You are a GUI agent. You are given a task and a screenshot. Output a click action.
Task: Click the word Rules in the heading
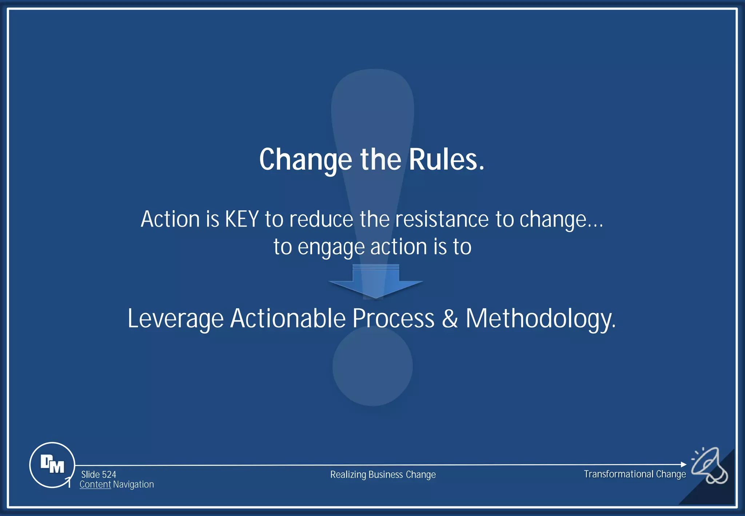(x=446, y=160)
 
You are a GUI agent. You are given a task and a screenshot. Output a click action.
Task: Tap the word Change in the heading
(x=306, y=160)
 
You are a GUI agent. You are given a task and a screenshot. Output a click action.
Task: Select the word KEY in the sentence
(x=242, y=219)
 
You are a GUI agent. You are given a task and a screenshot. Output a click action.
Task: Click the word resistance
(x=442, y=219)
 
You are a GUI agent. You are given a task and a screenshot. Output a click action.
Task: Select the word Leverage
(x=175, y=319)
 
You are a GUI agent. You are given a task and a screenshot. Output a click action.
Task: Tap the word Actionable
(x=288, y=319)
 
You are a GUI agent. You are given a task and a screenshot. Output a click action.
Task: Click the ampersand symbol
(x=450, y=319)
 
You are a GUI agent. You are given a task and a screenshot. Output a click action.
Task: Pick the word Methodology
(x=541, y=319)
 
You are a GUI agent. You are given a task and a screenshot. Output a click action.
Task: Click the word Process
(x=393, y=319)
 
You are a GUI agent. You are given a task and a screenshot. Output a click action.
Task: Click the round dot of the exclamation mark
(x=372, y=366)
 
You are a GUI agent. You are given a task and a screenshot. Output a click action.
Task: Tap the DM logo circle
(x=52, y=465)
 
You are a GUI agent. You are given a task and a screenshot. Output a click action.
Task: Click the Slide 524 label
(x=99, y=475)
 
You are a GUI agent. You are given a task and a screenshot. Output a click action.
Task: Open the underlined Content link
(x=95, y=485)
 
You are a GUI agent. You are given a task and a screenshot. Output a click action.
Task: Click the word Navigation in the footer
(x=134, y=485)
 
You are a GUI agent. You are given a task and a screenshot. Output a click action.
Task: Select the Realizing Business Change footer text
(x=383, y=475)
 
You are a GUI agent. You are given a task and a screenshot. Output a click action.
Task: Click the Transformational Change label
(x=635, y=474)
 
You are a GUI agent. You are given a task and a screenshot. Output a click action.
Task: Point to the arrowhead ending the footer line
(x=684, y=464)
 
